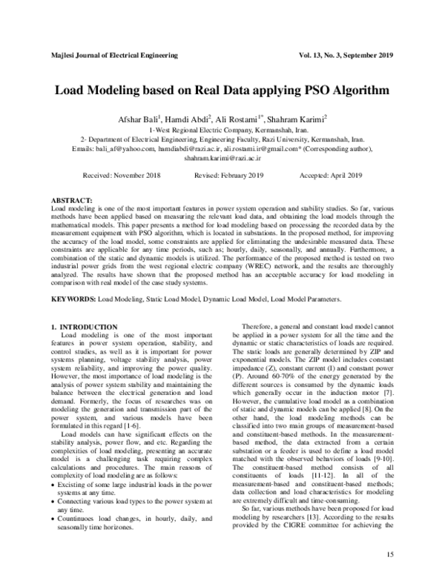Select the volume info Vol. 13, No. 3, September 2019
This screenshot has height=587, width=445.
[x=343, y=56]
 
